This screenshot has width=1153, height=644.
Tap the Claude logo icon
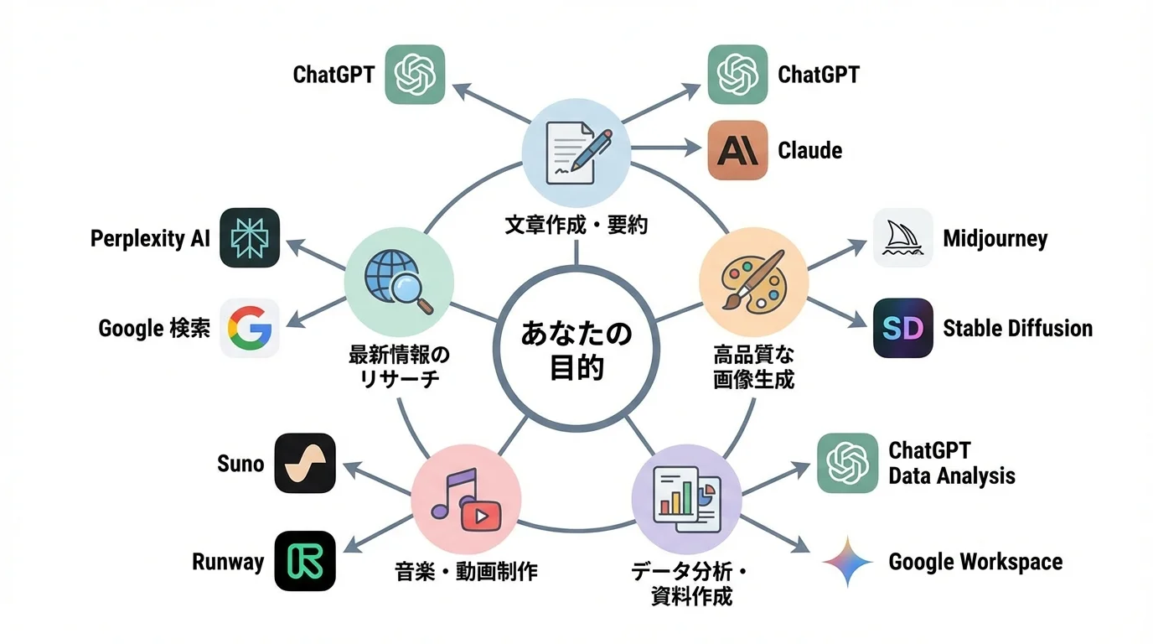click(x=737, y=150)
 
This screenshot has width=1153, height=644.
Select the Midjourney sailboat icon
click(x=902, y=238)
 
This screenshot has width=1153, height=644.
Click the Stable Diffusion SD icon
click(x=902, y=328)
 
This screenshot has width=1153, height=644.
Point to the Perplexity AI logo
click(x=250, y=238)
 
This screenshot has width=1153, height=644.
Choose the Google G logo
click(x=250, y=328)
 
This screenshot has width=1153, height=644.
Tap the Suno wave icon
click(x=305, y=463)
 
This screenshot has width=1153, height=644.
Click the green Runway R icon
click(x=305, y=561)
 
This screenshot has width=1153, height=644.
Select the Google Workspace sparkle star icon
click(x=847, y=561)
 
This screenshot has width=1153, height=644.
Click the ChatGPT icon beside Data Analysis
click(x=847, y=463)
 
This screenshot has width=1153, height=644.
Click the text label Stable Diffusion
click(x=1017, y=328)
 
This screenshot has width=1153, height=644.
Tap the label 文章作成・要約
click(x=576, y=225)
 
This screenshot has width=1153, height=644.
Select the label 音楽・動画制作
click(x=466, y=572)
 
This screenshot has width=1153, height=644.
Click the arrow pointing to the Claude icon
click(x=666, y=150)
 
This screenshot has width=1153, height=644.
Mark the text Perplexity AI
click(x=150, y=239)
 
